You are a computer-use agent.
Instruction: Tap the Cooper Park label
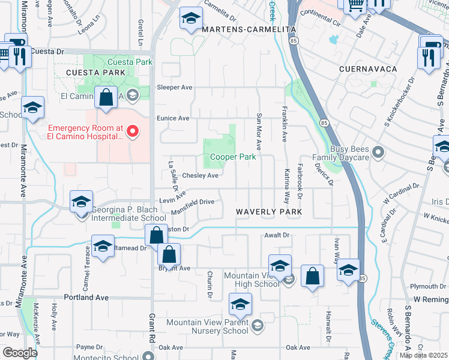click(233, 157)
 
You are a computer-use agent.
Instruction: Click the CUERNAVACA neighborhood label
click(368, 69)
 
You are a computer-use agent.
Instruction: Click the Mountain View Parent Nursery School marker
click(258, 326)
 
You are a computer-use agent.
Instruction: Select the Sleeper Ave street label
click(174, 88)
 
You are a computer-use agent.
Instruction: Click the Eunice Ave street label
click(173, 118)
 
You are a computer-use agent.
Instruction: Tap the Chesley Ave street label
click(200, 176)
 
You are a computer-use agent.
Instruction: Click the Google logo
click(20, 353)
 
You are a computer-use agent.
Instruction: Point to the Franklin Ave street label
click(285, 121)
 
